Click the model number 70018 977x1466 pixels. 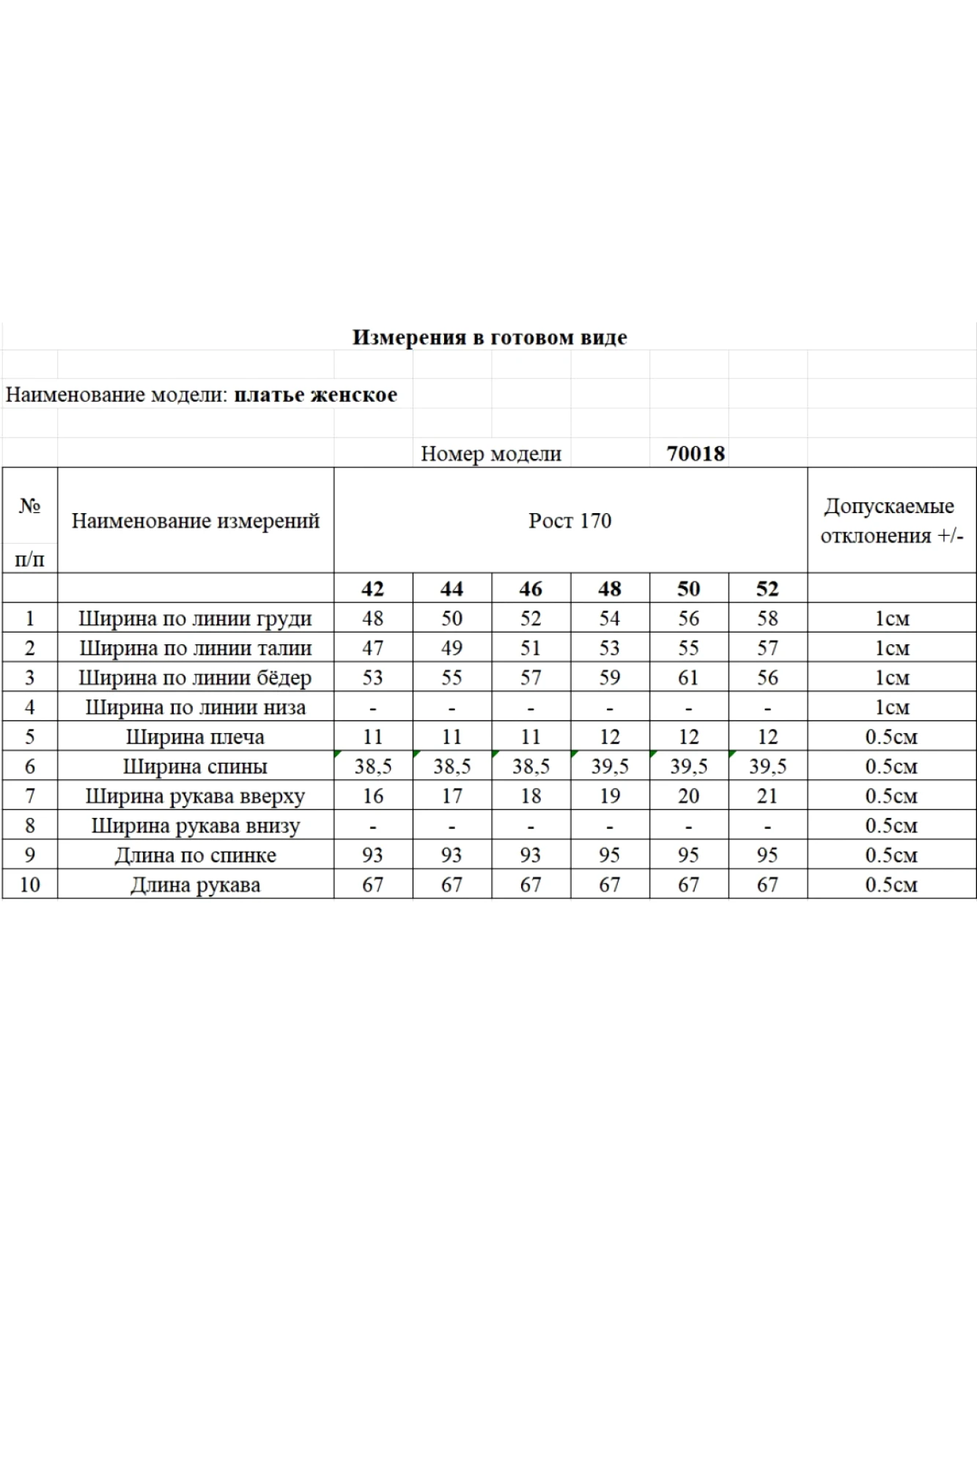coord(695,454)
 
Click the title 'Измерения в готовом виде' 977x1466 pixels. coord(490,337)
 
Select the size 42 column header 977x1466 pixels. coord(372,589)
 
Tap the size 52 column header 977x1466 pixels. coord(767,589)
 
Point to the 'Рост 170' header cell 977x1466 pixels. coord(569,520)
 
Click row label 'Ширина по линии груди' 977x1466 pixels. coord(195,619)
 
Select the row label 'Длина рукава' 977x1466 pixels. coord(195,885)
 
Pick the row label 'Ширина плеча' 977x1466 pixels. coord(195,737)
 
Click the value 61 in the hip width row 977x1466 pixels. coord(688,678)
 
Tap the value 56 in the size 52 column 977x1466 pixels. coord(767,678)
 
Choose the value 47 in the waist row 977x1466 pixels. coord(372,648)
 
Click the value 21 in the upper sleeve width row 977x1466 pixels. coord(767,796)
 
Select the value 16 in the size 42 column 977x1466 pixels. coord(372,796)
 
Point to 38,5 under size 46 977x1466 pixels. coord(531,767)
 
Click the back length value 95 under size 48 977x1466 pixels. coord(609,855)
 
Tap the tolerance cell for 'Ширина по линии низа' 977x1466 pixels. coord(891,707)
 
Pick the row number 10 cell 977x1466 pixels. coord(29,885)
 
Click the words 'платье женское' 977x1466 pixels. coord(315,395)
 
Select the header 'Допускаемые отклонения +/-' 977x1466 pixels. coord(891,520)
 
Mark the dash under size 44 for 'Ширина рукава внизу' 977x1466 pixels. coord(451,826)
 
